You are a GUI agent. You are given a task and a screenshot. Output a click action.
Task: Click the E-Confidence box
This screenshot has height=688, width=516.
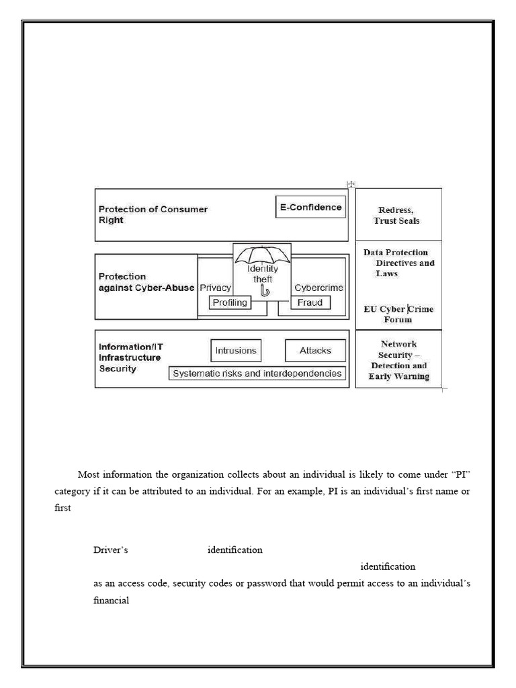(x=310, y=207)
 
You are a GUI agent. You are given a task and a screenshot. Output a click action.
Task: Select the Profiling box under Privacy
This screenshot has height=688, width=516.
(x=230, y=302)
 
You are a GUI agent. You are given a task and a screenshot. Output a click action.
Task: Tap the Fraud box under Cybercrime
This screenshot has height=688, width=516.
(x=310, y=302)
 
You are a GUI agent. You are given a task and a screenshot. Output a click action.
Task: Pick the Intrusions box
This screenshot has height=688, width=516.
(x=235, y=351)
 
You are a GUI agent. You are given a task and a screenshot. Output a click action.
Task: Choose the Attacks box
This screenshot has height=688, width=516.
(x=314, y=351)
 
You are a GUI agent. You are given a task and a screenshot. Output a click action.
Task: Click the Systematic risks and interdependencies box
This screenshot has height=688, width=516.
(x=257, y=374)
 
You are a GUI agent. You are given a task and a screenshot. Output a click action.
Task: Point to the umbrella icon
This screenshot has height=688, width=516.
(x=262, y=257)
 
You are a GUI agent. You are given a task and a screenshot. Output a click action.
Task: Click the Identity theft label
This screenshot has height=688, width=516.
(x=262, y=274)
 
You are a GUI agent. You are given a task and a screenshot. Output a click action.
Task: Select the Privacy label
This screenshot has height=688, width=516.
(x=215, y=288)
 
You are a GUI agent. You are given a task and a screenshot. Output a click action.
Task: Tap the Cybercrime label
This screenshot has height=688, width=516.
(x=318, y=288)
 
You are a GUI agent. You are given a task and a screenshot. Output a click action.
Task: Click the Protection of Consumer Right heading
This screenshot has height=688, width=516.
(x=153, y=214)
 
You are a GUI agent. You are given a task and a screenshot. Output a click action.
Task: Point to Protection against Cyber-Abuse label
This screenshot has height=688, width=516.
(x=146, y=282)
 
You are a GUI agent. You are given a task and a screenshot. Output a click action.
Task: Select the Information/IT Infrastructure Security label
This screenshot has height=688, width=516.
(x=131, y=357)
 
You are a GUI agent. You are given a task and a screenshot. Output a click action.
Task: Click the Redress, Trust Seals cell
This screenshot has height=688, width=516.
(x=398, y=215)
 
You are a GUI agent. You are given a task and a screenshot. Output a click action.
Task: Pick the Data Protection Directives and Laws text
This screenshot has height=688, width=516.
(x=399, y=263)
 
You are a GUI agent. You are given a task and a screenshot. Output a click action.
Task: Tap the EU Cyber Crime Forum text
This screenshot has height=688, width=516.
(x=398, y=314)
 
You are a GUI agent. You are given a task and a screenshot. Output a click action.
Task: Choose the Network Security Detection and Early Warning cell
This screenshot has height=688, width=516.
(x=398, y=359)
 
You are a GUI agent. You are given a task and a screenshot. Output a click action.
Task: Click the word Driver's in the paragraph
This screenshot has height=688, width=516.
(x=110, y=550)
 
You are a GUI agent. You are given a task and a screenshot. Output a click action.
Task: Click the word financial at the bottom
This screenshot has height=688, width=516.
(x=111, y=601)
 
